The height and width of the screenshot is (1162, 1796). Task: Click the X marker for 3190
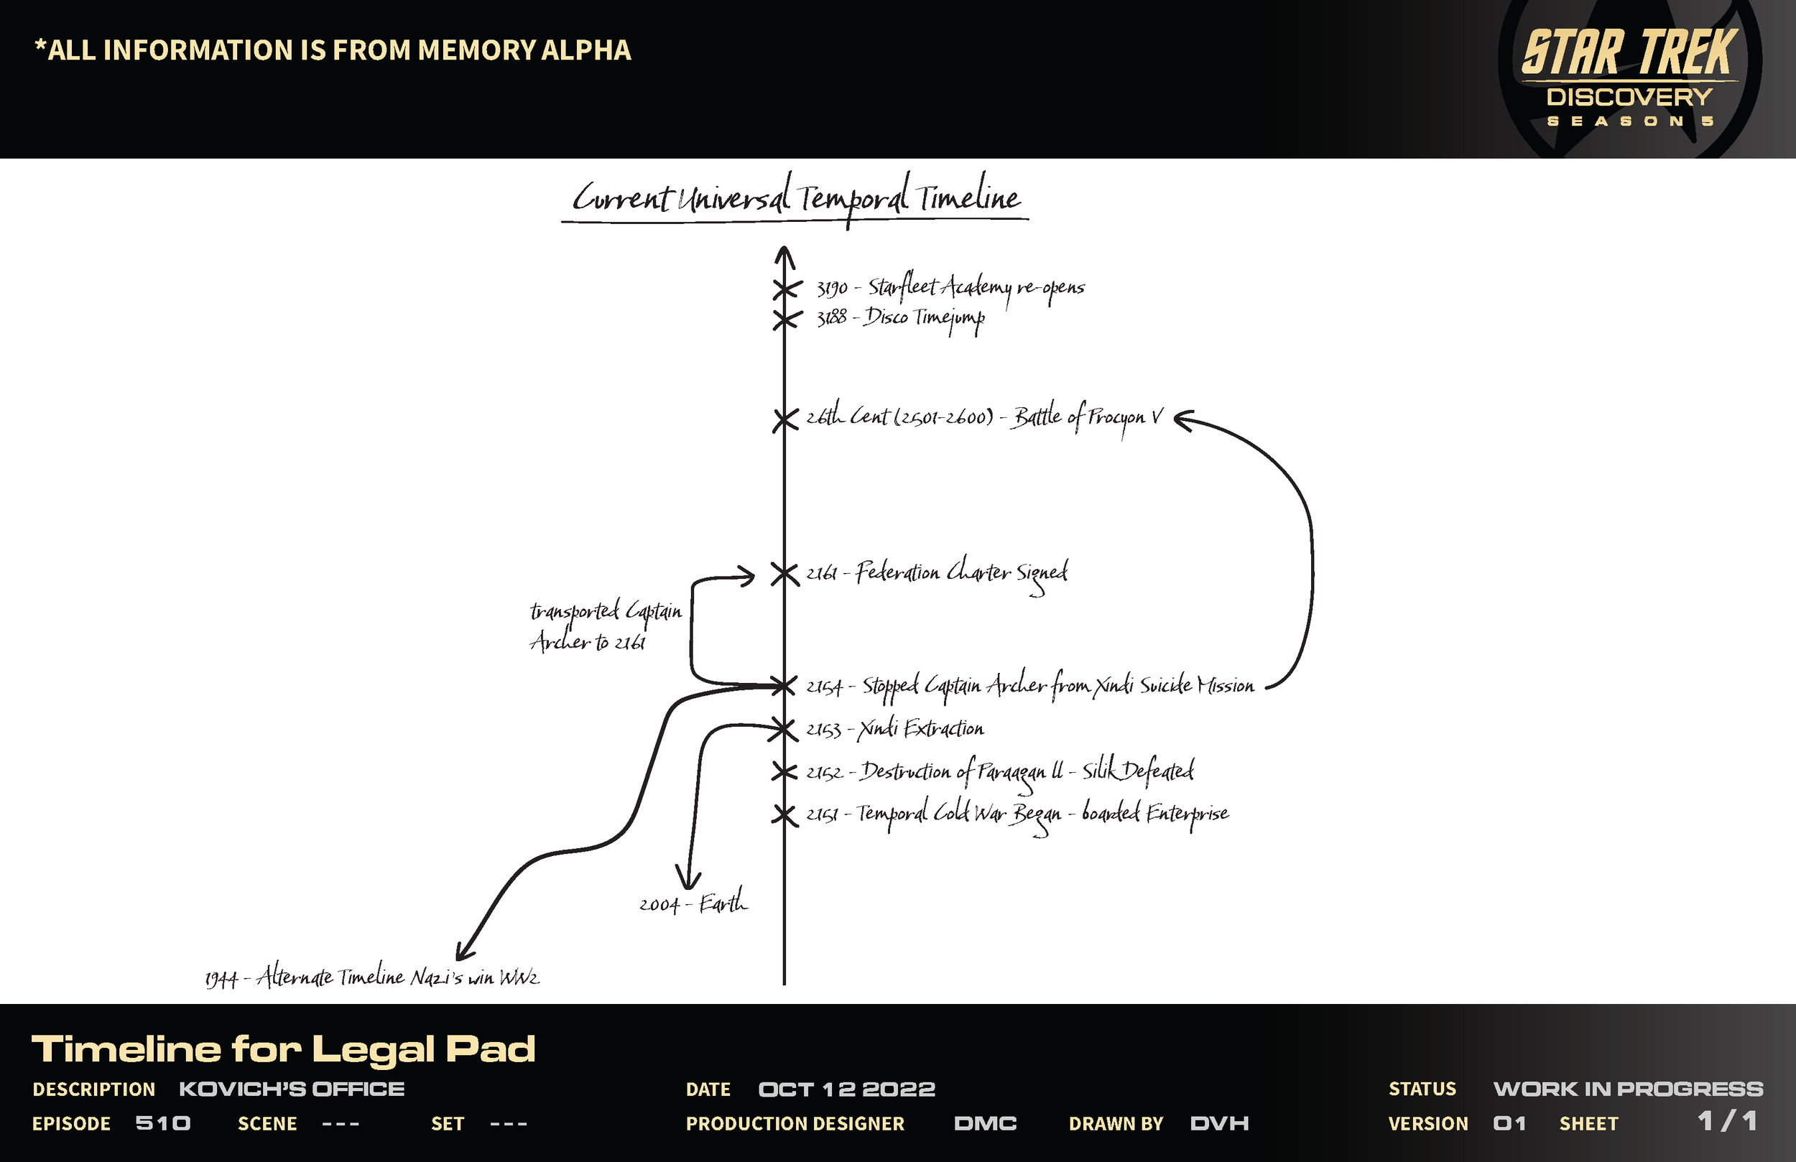tap(785, 289)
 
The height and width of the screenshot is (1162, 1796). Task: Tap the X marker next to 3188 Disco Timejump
tap(785, 320)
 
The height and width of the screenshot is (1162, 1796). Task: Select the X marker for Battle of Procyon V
tap(784, 420)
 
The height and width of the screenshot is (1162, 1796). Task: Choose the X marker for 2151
tap(784, 815)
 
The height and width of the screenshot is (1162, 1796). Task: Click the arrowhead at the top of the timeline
tap(784, 255)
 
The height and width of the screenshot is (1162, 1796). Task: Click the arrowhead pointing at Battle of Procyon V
tap(1183, 420)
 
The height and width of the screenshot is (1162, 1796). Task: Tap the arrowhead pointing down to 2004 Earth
tap(687, 880)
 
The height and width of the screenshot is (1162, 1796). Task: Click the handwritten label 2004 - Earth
tap(693, 903)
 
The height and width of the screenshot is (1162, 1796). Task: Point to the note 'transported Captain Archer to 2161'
tap(604, 626)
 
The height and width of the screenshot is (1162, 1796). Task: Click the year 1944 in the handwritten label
tap(221, 980)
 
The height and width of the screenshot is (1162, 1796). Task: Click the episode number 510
tap(163, 1123)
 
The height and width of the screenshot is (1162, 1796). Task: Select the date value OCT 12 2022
tap(847, 1089)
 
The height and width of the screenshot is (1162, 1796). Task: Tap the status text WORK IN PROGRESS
tap(1628, 1089)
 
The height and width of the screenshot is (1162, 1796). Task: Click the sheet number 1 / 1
tap(1726, 1121)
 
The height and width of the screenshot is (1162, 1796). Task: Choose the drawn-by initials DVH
tap(1218, 1123)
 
